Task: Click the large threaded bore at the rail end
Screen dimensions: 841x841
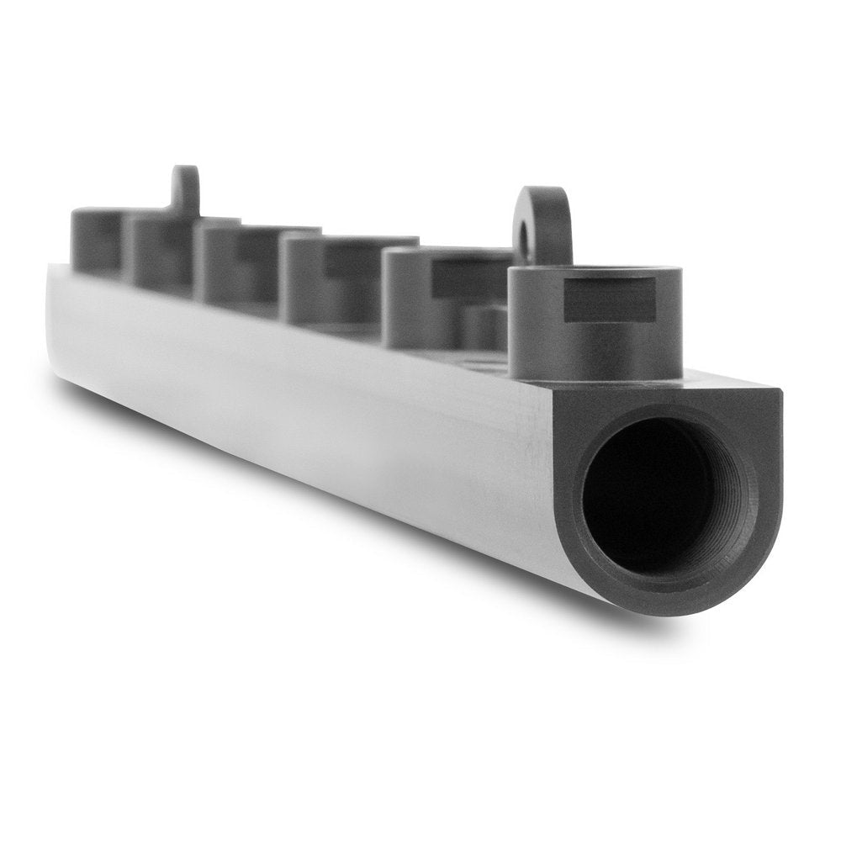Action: [652, 496]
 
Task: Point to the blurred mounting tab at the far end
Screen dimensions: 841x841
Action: [185, 189]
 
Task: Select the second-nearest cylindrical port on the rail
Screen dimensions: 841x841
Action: [437, 299]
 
